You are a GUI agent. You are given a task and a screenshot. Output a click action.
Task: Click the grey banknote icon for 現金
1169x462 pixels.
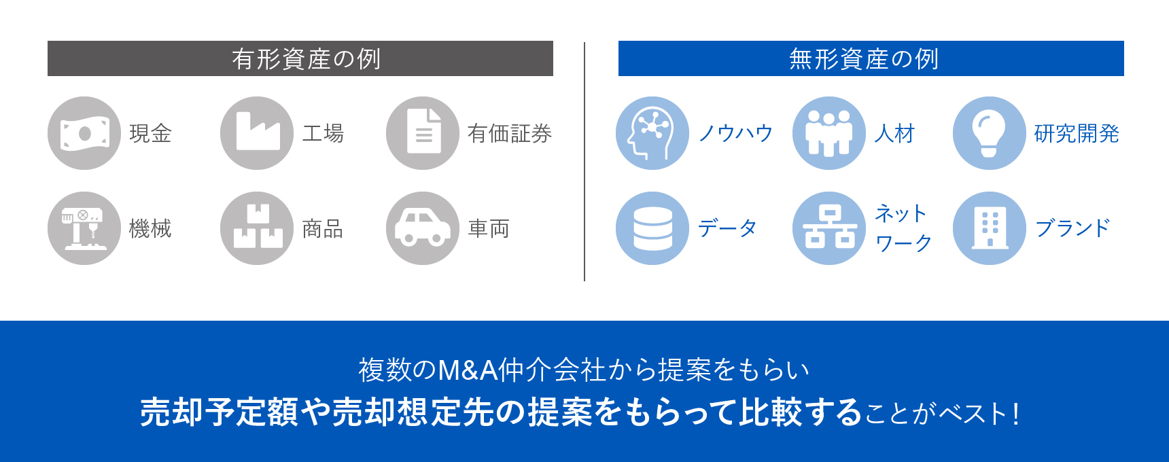(x=84, y=133)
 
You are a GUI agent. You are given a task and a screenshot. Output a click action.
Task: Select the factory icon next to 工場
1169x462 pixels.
(x=257, y=133)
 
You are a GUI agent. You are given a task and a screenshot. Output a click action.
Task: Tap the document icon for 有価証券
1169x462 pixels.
(x=423, y=133)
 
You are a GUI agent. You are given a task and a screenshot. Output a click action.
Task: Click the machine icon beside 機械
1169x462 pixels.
(x=84, y=228)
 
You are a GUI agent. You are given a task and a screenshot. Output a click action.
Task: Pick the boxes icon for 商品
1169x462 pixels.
(x=257, y=228)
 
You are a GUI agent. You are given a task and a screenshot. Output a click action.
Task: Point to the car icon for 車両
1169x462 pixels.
(x=423, y=228)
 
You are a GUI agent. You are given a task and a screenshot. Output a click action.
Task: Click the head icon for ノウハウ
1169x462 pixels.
(x=652, y=133)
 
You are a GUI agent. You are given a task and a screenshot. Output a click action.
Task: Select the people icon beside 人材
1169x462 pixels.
(x=829, y=133)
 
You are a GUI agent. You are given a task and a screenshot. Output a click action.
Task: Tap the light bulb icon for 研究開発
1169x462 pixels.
(x=990, y=133)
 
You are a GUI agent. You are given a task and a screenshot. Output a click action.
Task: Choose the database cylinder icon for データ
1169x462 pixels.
(x=652, y=228)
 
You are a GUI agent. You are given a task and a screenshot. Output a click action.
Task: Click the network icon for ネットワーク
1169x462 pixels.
(x=829, y=228)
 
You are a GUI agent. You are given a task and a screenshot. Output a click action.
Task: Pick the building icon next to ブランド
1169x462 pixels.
(x=990, y=228)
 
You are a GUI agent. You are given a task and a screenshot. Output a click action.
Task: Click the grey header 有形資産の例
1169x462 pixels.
(x=300, y=59)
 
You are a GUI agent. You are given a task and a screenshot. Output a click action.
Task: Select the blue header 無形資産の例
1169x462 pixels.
(x=871, y=59)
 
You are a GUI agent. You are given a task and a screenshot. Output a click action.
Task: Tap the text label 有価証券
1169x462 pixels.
(x=510, y=134)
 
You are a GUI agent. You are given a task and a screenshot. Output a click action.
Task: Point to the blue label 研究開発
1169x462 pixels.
(x=1077, y=134)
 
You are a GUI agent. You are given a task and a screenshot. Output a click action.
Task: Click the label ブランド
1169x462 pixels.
(x=1072, y=228)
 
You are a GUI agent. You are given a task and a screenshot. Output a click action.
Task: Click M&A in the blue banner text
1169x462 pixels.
(x=468, y=370)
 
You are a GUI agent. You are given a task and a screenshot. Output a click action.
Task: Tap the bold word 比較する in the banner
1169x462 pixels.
(x=801, y=412)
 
